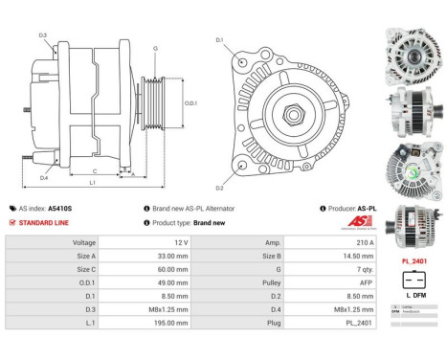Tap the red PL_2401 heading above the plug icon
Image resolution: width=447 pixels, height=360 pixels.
(413, 260)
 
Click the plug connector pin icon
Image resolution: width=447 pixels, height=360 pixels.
(413, 281)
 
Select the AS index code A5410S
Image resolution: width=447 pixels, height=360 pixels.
(61, 208)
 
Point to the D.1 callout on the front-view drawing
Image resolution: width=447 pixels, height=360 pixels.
(219, 40)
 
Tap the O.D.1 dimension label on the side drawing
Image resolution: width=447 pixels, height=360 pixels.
(190, 104)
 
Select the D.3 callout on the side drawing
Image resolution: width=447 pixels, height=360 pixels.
(43, 35)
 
